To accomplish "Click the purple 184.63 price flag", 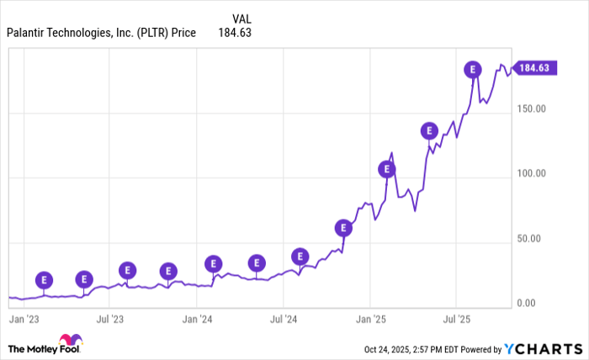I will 536,68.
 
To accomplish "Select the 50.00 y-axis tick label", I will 532,239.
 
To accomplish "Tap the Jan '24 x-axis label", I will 198,320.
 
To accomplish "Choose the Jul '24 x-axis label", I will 284,320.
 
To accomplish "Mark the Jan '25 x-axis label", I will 371,320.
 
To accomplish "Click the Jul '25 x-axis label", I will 456,320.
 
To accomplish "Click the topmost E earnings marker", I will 474,70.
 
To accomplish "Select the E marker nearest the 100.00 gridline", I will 387,169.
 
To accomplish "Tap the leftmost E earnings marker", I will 44,279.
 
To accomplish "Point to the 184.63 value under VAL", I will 235,33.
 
